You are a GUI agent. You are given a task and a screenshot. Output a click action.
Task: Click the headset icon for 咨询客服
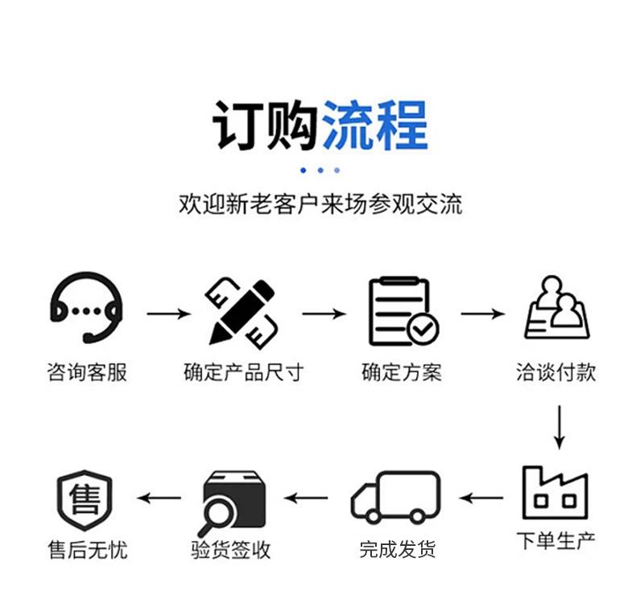tap(86, 308)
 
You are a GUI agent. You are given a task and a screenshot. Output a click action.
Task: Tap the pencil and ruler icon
tap(243, 310)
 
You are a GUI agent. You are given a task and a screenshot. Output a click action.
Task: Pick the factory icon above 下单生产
tap(555, 492)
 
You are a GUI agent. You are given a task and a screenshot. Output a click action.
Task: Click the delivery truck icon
tap(396, 497)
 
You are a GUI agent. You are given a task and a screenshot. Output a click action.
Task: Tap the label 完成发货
tap(397, 550)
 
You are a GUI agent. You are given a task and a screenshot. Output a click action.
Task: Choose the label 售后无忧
tap(88, 550)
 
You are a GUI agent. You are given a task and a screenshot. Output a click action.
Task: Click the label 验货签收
tap(231, 550)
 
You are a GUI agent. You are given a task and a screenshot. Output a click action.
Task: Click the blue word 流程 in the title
tap(374, 125)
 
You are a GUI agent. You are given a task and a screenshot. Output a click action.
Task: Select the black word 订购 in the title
tap(266, 125)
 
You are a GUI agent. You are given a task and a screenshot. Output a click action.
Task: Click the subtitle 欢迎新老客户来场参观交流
tap(320, 203)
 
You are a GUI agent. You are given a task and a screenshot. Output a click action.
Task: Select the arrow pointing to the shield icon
tap(159, 498)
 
